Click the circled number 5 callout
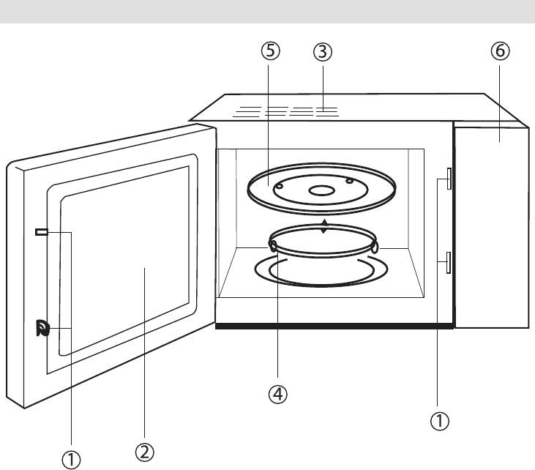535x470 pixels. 270,52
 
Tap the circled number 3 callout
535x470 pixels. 322,52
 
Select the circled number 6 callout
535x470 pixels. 501,52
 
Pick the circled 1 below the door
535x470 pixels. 71,459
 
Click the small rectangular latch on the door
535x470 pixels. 41,232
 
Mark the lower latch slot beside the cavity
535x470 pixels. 445,262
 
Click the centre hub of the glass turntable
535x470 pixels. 320,190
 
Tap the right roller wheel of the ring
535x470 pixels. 373,247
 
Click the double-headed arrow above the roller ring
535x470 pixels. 324,225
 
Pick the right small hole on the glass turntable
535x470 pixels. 350,181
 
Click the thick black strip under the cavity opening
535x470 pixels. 334,326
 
